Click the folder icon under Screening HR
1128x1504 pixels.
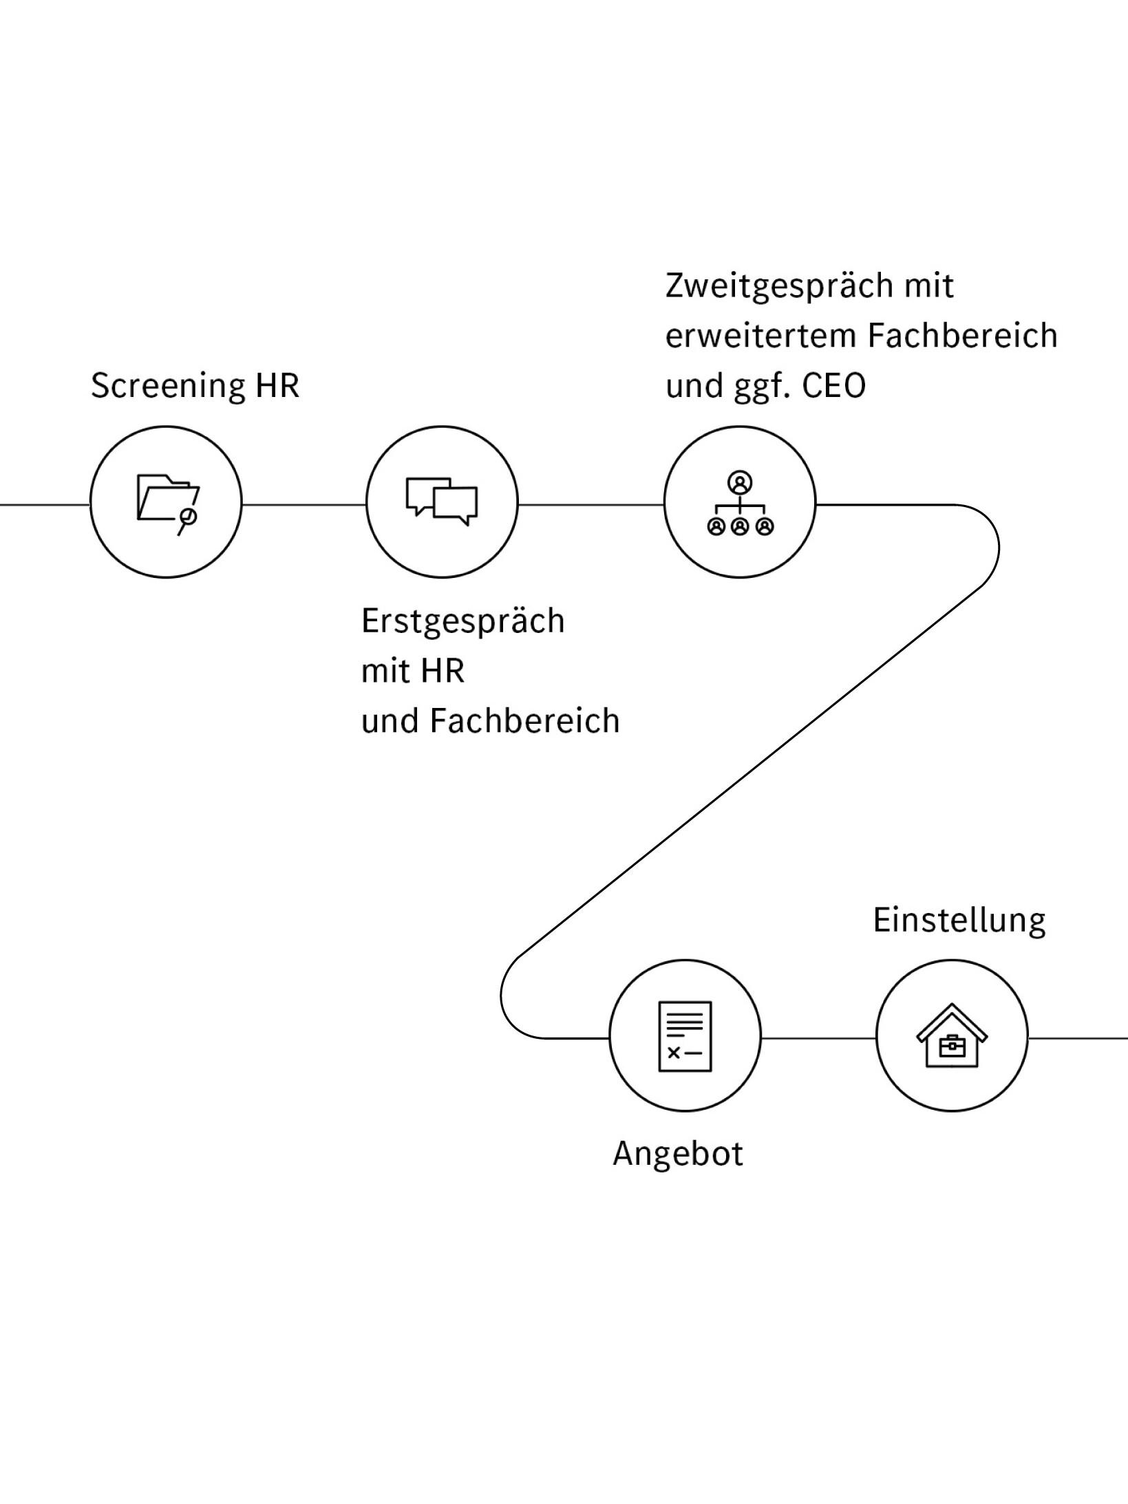(x=166, y=501)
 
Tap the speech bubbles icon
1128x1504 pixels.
(x=441, y=501)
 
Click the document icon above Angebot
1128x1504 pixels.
(x=685, y=1035)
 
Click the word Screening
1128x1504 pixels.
(x=168, y=386)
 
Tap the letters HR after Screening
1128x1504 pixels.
(x=277, y=385)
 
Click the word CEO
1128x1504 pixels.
(x=834, y=386)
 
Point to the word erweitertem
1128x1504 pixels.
(x=761, y=336)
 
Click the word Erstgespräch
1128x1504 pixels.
(x=462, y=622)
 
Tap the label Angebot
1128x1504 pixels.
(x=678, y=1153)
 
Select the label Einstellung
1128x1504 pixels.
(x=959, y=921)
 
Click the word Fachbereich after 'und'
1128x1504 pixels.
(x=525, y=722)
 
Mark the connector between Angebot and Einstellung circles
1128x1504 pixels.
(x=818, y=1038)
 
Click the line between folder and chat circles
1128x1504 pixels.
(x=304, y=504)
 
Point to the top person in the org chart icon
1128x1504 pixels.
(x=740, y=482)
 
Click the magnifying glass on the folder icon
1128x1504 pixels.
(x=187, y=517)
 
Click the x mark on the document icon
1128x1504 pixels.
(x=674, y=1053)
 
